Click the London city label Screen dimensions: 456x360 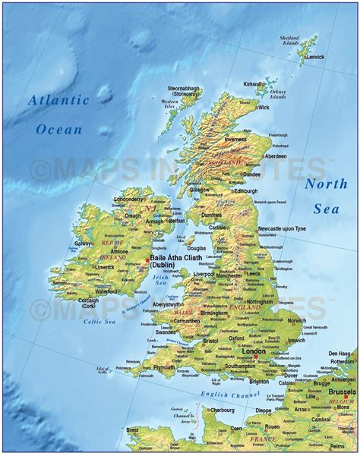[x=254, y=351]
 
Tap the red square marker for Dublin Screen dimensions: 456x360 [x=147, y=260]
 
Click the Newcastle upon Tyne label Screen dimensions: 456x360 [x=282, y=228]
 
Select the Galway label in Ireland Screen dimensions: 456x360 [x=83, y=244]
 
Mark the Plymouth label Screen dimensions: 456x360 [x=163, y=366]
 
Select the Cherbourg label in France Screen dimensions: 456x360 [x=220, y=410]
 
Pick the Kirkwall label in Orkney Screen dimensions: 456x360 [x=252, y=84]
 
